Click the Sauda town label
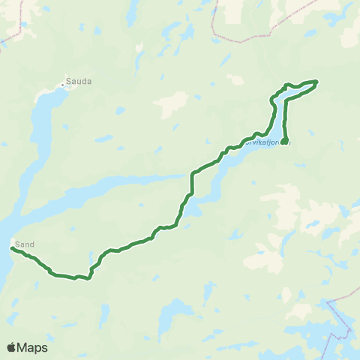point(79,82)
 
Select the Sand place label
point(25,244)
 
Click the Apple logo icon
point(12,347)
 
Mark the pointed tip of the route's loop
point(317,81)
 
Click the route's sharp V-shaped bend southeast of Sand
point(88,278)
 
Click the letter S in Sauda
point(68,82)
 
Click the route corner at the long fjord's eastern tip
point(193,175)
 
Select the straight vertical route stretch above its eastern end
point(286,120)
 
